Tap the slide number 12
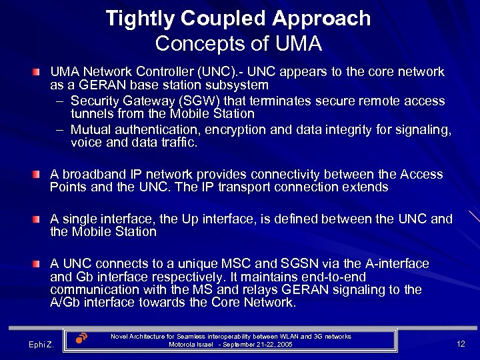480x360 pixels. [x=461, y=343]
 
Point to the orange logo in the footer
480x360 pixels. [x=81, y=338]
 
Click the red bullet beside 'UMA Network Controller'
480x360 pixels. [x=42, y=71]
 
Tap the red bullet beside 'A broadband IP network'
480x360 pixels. [x=42, y=174]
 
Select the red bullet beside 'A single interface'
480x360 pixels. [x=42, y=219]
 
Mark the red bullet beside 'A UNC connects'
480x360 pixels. [x=42, y=263]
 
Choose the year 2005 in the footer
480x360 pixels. [x=283, y=345]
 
